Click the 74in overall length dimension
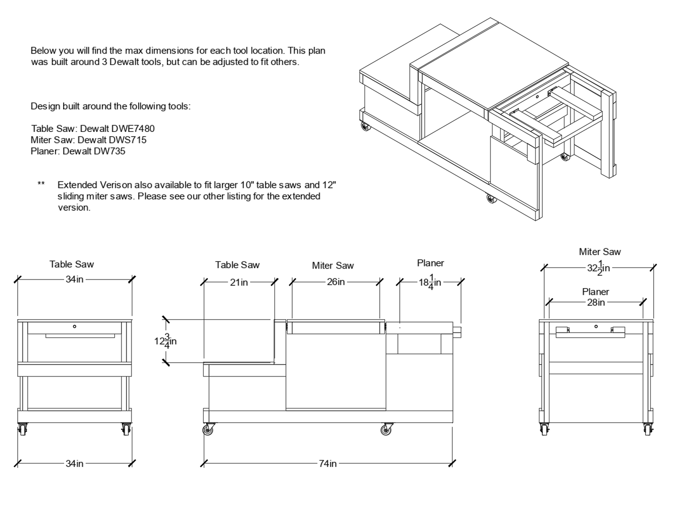tap(328, 463)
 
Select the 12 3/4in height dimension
tap(165, 341)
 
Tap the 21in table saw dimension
tap(239, 282)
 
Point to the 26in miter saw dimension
tap(336, 282)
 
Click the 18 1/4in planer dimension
tap(430, 282)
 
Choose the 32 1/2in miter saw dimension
tap(598, 268)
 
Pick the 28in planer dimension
tap(596, 302)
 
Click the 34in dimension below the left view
tap(75, 463)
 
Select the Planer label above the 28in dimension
tap(595, 291)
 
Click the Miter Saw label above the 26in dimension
tap(333, 266)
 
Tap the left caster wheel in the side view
tap(208, 430)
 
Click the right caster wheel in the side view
tap(386, 430)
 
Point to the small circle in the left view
tap(75, 326)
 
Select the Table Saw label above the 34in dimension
tap(72, 264)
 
